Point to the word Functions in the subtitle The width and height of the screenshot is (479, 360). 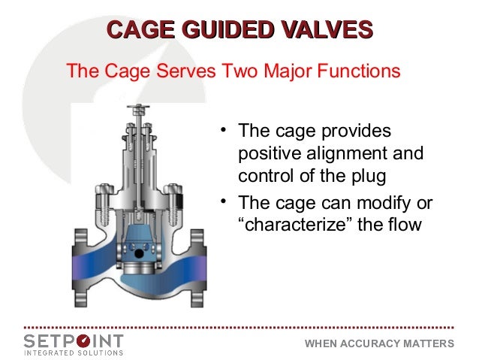tap(356, 72)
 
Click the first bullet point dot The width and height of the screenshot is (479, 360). tap(223, 132)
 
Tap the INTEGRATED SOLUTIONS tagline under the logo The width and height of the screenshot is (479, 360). tap(73, 352)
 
